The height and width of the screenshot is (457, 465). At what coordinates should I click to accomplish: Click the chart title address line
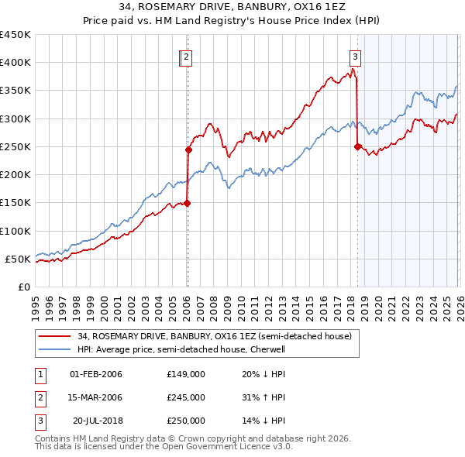pyautogui.click(x=232, y=9)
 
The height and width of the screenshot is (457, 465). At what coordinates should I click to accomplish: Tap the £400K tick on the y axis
pyautogui.click(x=15, y=63)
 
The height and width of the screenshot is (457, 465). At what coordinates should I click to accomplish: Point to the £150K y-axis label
pyautogui.click(x=15, y=203)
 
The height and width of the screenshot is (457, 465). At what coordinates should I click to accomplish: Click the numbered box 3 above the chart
pyautogui.click(x=355, y=57)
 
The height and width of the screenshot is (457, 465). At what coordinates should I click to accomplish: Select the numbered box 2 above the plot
pyautogui.click(x=188, y=57)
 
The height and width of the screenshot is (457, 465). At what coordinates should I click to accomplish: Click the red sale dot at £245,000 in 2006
pyautogui.click(x=188, y=149)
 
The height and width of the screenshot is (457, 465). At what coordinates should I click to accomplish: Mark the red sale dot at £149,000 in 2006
pyautogui.click(x=187, y=203)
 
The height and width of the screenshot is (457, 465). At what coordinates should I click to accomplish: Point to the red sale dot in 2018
pyautogui.click(x=357, y=146)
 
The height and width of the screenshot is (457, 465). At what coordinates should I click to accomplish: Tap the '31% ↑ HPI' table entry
pyautogui.click(x=263, y=397)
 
